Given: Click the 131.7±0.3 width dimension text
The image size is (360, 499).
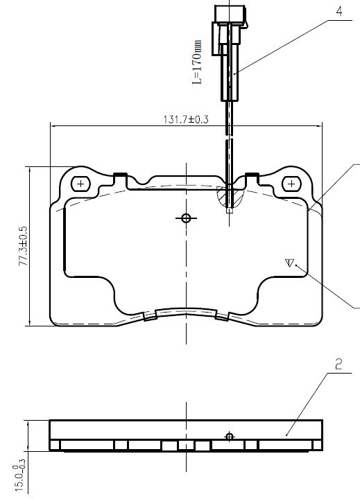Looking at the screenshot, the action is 186,119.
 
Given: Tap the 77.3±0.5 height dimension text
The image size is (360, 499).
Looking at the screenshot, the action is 24,246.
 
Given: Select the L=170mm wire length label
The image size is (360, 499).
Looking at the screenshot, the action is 197,62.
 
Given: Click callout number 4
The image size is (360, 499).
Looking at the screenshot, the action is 339,11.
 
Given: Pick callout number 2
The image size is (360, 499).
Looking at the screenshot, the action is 338,364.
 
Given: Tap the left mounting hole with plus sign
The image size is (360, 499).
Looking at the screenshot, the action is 80,184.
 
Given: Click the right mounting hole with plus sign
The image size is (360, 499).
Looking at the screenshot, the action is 291,184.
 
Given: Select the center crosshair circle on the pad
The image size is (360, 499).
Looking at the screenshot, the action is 186,218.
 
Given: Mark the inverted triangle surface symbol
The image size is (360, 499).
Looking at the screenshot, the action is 289,263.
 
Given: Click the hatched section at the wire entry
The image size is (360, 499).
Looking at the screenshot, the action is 230,197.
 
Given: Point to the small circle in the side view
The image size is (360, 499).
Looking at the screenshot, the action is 230,437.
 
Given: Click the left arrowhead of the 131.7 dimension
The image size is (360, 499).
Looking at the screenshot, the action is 54,126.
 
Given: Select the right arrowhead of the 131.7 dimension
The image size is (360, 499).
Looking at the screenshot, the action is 318,126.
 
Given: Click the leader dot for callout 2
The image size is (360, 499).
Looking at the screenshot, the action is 286,435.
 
